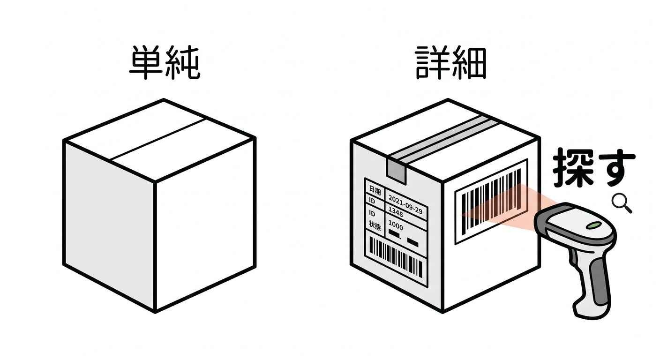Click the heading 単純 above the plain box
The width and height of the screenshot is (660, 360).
tap(165, 62)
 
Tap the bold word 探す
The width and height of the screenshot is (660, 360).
tap(593, 167)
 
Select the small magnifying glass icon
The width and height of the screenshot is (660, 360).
tap(622, 202)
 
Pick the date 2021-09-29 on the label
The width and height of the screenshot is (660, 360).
tap(405, 204)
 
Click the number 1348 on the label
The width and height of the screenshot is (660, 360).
tap(396, 211)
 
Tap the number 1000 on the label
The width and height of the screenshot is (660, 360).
tap(396, 225)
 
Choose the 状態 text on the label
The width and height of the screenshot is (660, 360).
tap(375, 225)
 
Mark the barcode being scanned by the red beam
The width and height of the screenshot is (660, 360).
tap(491, 202)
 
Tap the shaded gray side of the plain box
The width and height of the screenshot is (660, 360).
tap(109, 224)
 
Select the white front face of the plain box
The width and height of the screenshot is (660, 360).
tap(205, 224)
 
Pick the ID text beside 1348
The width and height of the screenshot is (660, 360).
tap(372, 201)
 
